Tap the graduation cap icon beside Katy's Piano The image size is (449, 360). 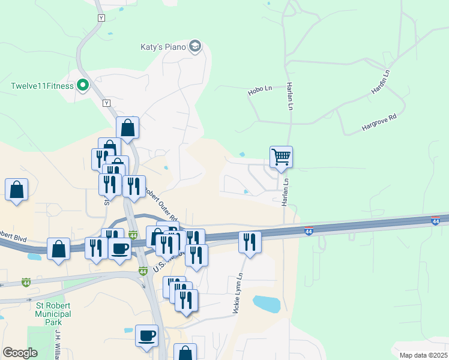194,46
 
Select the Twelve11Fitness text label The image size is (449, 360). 42,86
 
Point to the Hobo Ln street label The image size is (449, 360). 260,91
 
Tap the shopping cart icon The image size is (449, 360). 281,157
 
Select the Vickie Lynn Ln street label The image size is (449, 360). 237,293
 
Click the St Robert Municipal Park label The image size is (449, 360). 53,314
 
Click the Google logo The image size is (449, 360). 20,353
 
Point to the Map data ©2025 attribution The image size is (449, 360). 423,355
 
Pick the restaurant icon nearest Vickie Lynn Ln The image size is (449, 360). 250,242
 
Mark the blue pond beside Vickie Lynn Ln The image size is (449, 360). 267,304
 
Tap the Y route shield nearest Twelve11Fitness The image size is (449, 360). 107,103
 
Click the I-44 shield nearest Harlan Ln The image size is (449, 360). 308,231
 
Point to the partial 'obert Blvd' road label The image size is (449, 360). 13,235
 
